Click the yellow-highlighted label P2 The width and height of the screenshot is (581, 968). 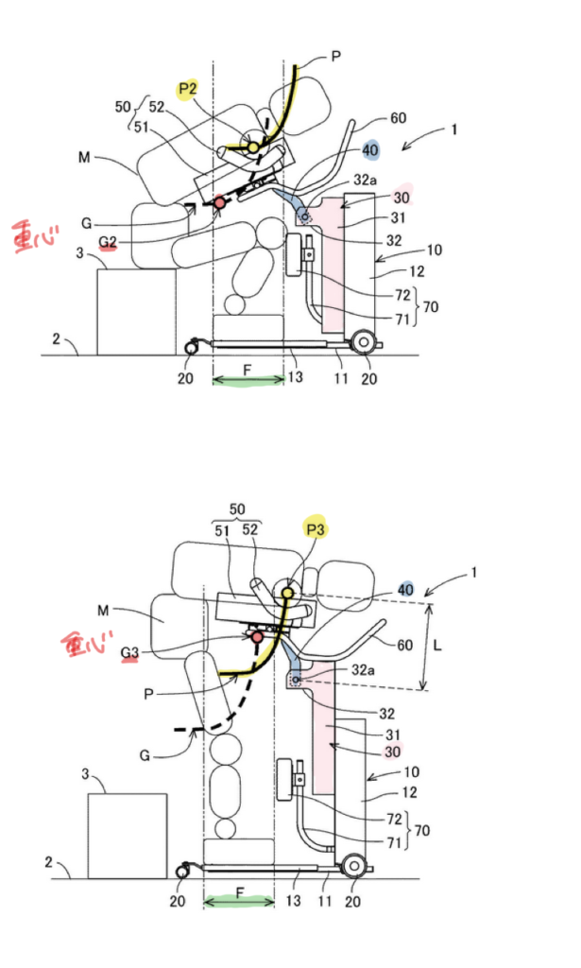186,88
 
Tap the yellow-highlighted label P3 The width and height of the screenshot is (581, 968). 315,530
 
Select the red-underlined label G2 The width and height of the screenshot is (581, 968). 108,244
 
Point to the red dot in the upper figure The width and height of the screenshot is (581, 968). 221,202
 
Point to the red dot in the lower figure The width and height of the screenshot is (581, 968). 256,638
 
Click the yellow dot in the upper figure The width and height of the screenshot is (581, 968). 253,148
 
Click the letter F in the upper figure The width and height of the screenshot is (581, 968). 248,371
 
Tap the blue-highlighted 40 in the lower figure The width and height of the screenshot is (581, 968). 405,589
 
